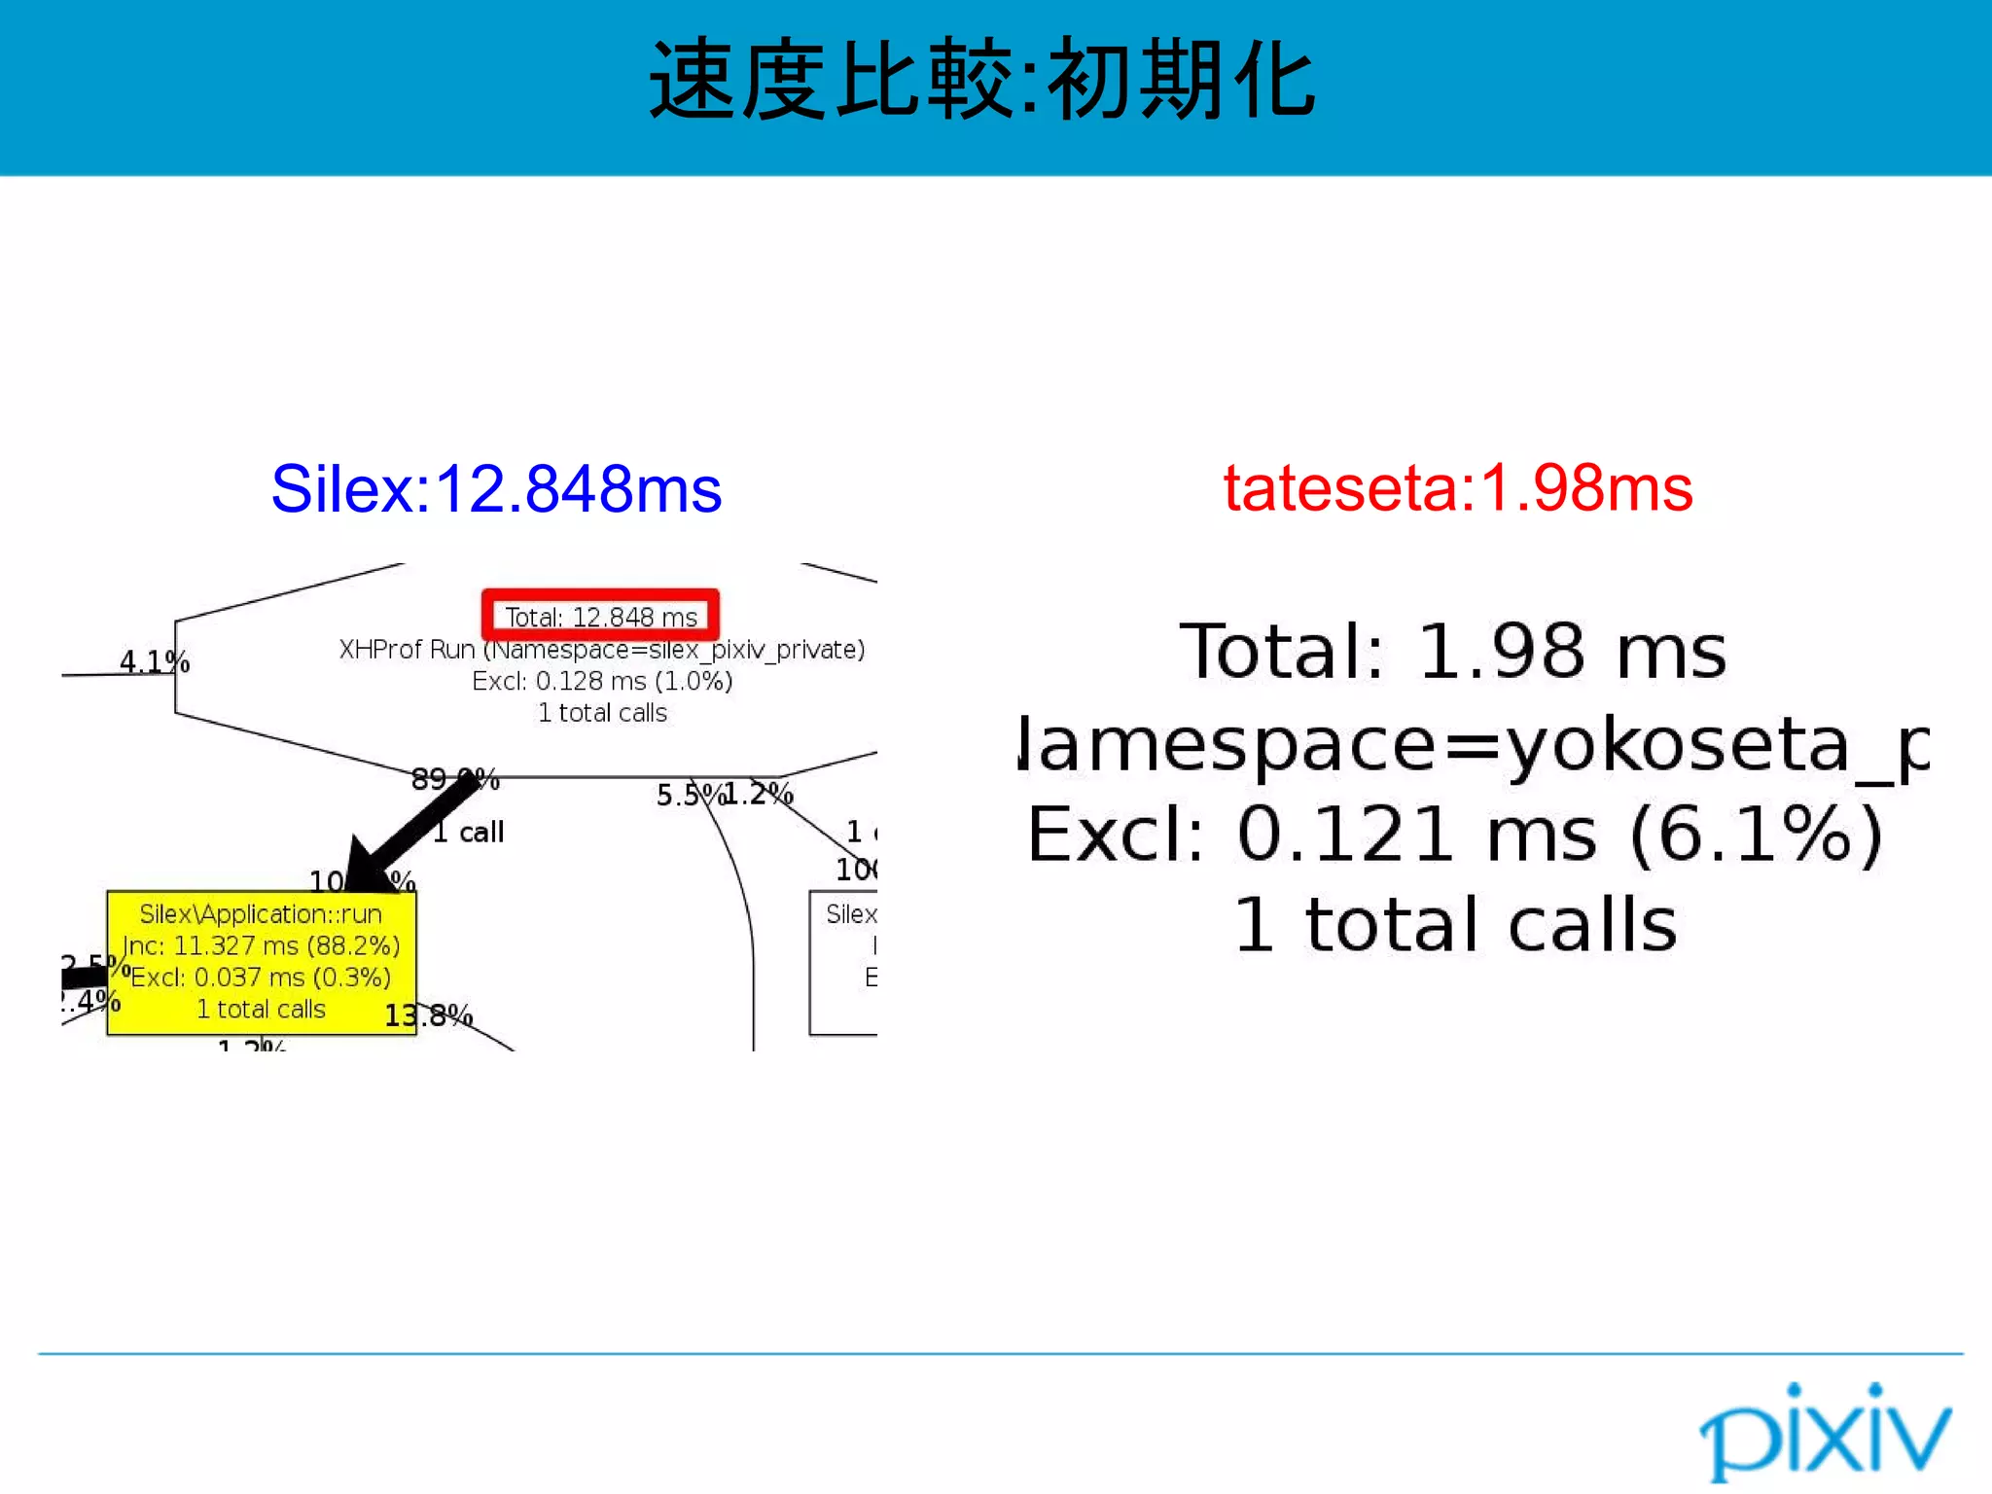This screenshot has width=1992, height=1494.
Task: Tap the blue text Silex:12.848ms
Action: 496,489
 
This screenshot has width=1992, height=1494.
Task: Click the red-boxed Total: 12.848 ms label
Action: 601,617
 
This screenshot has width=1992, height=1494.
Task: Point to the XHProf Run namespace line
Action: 601,650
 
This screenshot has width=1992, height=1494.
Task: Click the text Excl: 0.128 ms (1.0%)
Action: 602,681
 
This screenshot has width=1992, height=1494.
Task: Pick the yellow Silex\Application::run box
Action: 261,961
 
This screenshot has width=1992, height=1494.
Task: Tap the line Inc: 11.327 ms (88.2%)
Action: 261,945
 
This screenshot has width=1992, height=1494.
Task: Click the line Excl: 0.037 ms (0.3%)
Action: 261,978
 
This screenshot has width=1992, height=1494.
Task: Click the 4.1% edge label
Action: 154,662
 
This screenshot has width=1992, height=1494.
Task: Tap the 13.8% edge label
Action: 428,1016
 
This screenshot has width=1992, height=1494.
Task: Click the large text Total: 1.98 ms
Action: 1453,652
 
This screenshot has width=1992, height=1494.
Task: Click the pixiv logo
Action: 1825,1434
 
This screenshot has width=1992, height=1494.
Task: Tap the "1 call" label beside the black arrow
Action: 469,833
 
